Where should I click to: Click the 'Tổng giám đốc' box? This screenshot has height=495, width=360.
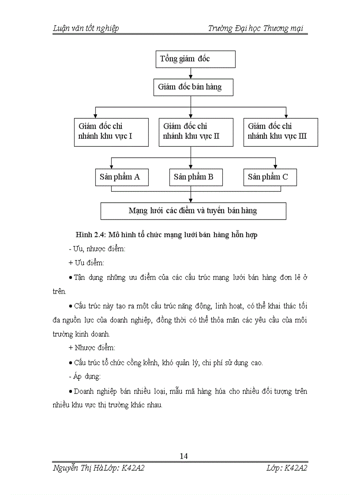[195, 59]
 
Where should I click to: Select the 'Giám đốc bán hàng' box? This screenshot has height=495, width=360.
[193, 87]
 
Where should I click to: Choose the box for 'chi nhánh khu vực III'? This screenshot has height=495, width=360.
[281, 132]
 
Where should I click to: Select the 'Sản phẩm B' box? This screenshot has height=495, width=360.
[196, 177]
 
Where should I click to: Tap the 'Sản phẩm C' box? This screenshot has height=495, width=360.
[270, 177]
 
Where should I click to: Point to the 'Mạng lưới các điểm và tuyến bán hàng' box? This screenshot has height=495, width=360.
[193, 211]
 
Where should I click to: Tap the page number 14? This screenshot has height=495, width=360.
[184, 456]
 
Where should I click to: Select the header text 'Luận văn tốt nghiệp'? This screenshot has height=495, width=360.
[86, 29]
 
